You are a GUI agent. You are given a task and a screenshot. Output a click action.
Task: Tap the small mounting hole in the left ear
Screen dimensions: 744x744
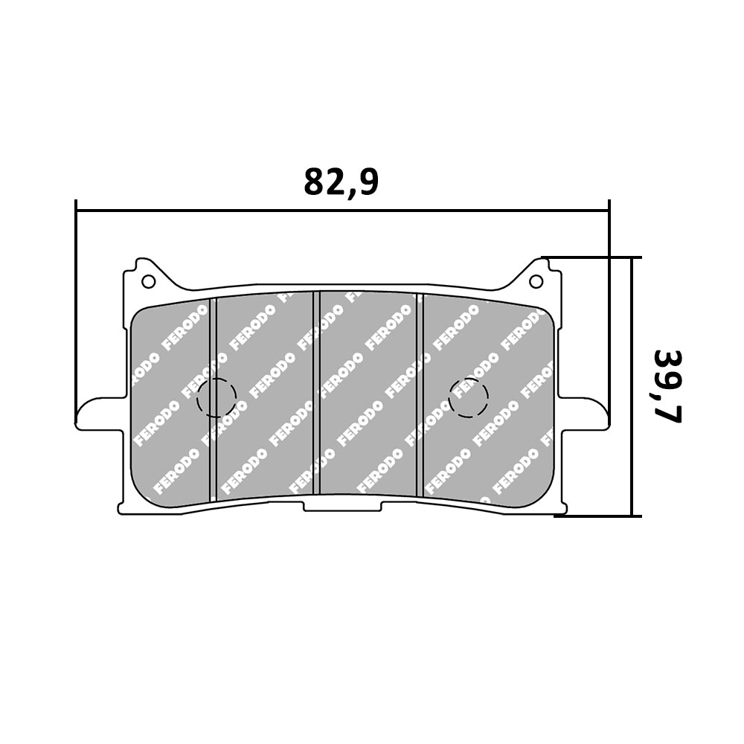[148, 281]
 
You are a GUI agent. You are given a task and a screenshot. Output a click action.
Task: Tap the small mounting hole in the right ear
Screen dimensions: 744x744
[535, 281]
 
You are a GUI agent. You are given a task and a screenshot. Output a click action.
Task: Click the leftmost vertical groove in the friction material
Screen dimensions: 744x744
[212, 398]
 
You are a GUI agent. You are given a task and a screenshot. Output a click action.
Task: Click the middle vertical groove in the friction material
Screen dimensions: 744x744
[315, 394]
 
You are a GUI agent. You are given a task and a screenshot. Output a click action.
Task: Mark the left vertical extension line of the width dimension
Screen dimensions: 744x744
[77, 312]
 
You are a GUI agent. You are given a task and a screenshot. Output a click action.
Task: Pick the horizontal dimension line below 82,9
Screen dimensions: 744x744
[342, 211]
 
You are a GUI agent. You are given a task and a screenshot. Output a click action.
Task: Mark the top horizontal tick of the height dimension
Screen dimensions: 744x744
[591, 257]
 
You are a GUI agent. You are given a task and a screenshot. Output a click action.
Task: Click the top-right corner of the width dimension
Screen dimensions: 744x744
[609, 211]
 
